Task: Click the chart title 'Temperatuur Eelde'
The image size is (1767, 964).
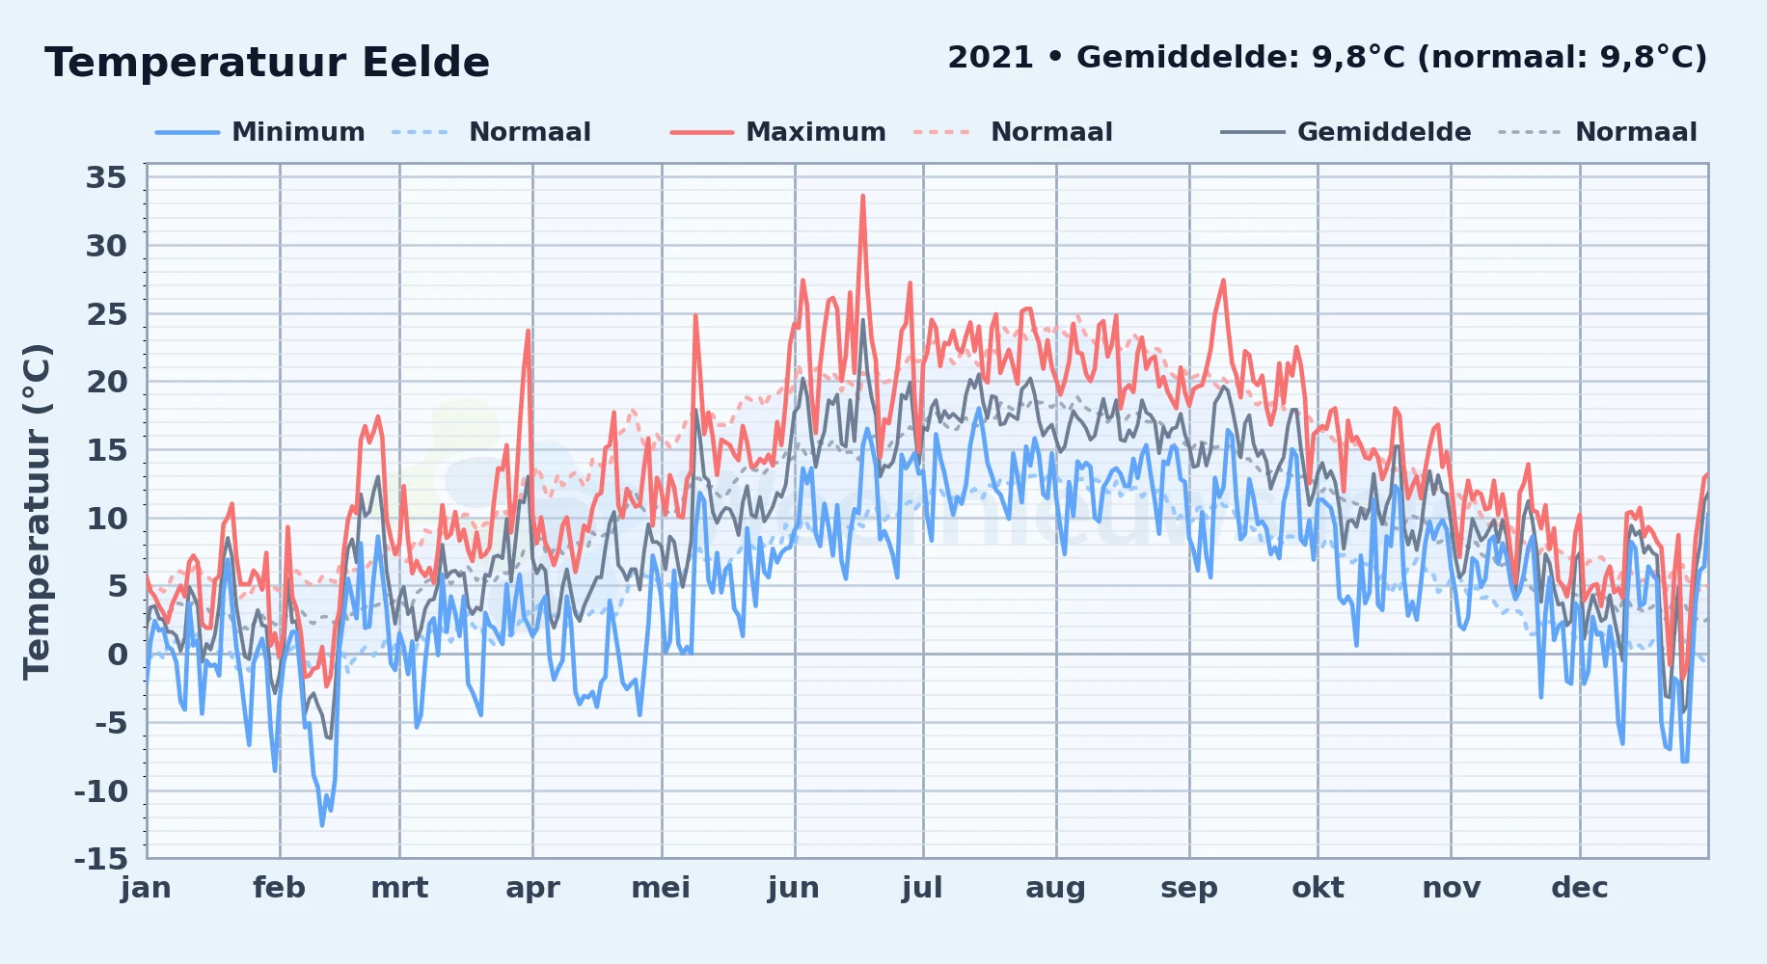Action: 267,63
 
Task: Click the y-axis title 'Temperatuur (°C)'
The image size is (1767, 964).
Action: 37,512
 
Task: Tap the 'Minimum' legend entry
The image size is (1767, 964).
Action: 259,132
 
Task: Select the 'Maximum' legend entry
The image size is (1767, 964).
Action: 777,132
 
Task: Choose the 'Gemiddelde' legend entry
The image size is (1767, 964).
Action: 1346,132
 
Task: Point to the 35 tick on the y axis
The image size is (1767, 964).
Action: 106,177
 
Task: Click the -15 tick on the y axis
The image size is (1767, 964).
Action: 100,858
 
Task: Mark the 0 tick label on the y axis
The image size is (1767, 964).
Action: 117,654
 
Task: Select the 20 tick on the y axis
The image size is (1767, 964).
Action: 106,382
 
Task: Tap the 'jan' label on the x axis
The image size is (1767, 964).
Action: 147,888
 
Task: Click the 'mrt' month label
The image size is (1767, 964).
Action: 399,888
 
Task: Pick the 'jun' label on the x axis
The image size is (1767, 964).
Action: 794,888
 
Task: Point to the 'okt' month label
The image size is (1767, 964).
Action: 1318,888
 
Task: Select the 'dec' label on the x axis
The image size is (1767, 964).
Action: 1580,888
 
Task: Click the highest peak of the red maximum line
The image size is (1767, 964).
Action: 862,196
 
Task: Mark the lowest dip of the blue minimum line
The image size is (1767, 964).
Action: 322,824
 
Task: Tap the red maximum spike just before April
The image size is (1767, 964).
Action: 528,331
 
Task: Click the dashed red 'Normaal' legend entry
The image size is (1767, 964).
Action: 1013,132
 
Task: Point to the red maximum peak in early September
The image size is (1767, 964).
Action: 1223,281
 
